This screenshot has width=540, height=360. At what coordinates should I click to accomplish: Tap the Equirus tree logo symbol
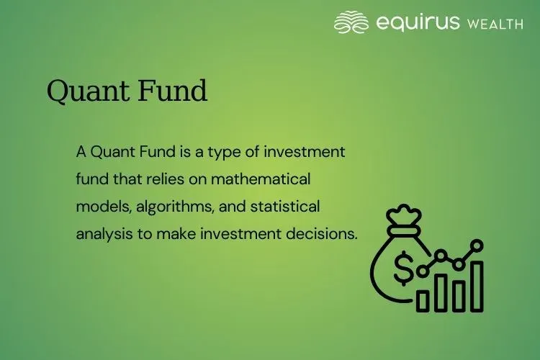pos(351,22)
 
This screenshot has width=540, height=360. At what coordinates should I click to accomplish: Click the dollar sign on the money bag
pos(404,269)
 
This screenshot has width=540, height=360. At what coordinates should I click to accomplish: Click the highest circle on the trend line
pos(477,246)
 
